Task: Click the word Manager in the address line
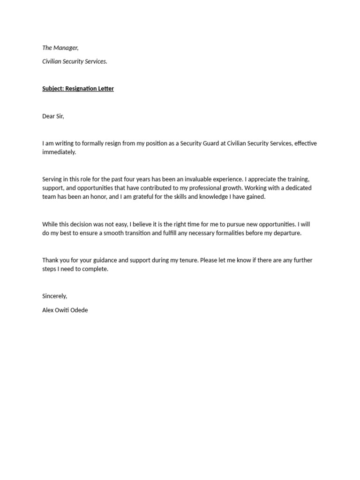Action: coord(66,47)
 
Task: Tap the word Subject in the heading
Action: coord(52,89)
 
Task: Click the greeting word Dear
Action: coord(48,116)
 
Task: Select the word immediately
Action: coord(59,152)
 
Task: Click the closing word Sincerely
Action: coord(54,296)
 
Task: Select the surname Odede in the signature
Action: coord(78,310)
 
